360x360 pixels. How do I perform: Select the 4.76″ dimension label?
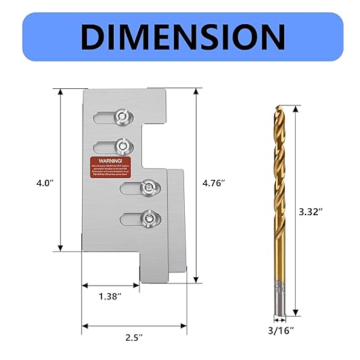click(x=214, y=184)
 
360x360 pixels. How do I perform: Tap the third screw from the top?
click(x=148, y=187)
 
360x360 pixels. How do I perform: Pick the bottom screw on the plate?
click(x=148, y=219)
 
